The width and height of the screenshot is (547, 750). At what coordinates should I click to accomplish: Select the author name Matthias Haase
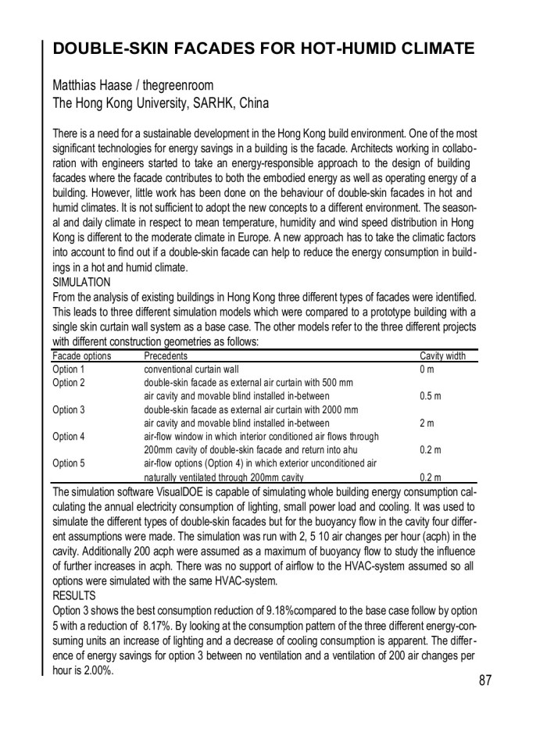[x=92, y=84]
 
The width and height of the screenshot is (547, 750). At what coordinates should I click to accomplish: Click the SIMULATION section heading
[x=81, y=281]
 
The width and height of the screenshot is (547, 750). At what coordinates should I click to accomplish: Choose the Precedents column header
[x=166, y=356]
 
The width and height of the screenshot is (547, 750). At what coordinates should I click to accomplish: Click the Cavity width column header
[x=442, y=356]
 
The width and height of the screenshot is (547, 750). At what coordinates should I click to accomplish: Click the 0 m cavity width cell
[x=427, y=370]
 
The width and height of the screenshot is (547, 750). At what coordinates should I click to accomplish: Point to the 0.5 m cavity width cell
[x=431, y=397]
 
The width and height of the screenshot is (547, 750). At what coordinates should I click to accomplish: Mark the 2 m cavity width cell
[x=427, y=423]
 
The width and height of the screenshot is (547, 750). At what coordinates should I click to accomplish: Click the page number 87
[x=485, y=680]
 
